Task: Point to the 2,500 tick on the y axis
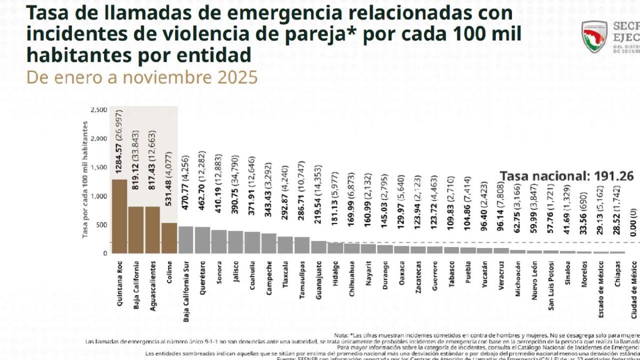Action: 99,110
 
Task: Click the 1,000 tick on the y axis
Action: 99,196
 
